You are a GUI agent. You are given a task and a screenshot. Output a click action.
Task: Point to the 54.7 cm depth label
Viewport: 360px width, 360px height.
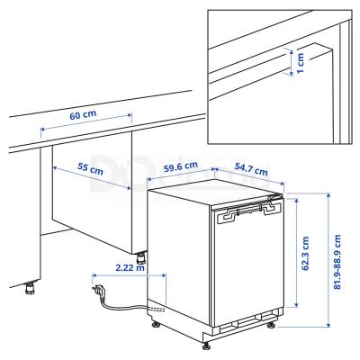(x=251, y=168)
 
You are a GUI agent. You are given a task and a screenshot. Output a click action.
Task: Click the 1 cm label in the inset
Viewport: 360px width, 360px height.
(x=301, y=62)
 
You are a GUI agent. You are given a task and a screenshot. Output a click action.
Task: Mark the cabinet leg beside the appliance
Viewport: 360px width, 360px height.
(x=139, y=269)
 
